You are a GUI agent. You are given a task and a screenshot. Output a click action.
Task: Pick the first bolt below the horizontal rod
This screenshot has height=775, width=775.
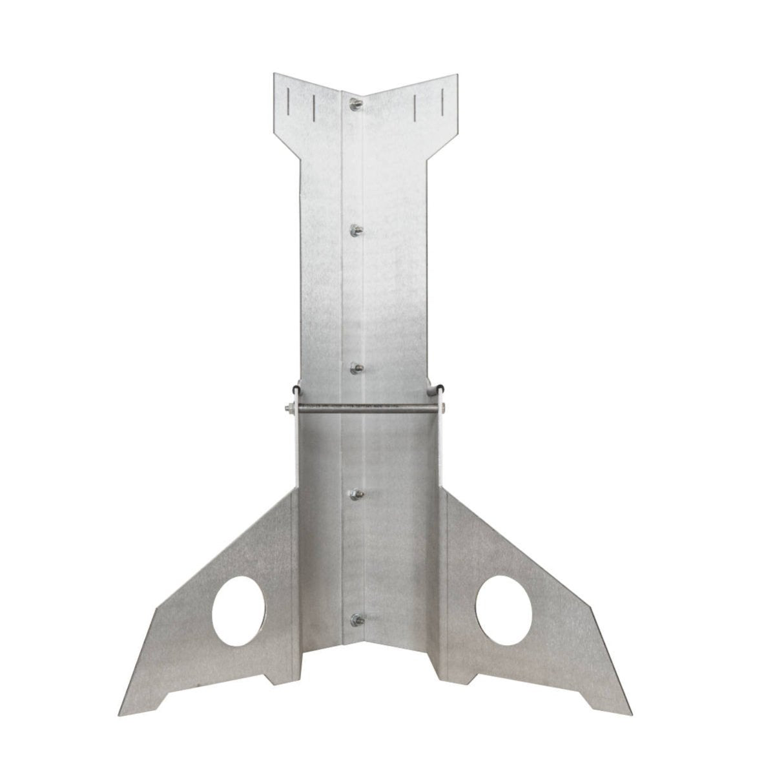[355, 496]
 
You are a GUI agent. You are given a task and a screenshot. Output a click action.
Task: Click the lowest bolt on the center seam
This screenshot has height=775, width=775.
[355, 620]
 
